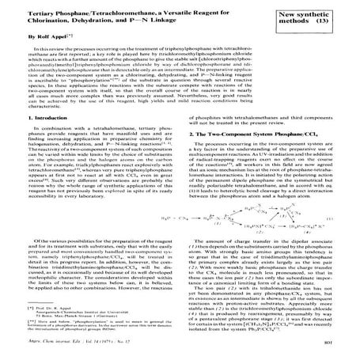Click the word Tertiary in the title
tap(28, 16)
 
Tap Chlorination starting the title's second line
tap(36, 24)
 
